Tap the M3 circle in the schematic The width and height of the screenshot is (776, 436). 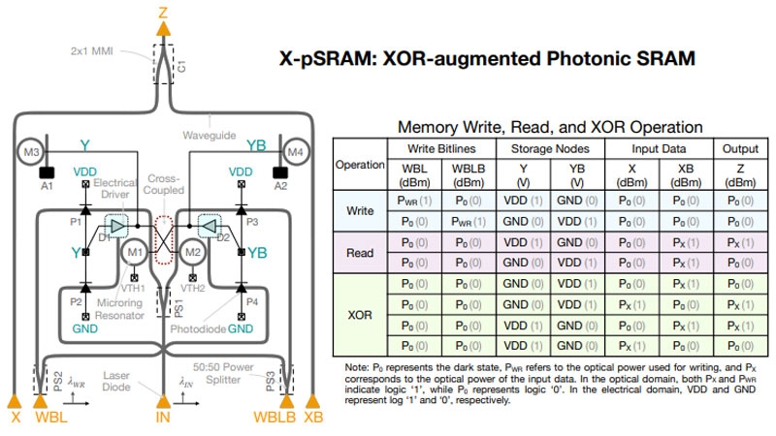coord(30,151)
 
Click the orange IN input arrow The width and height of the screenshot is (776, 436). coord(164,400)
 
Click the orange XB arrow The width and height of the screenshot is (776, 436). coord(312,400)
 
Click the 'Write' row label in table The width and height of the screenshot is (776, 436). coord(360,210)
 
